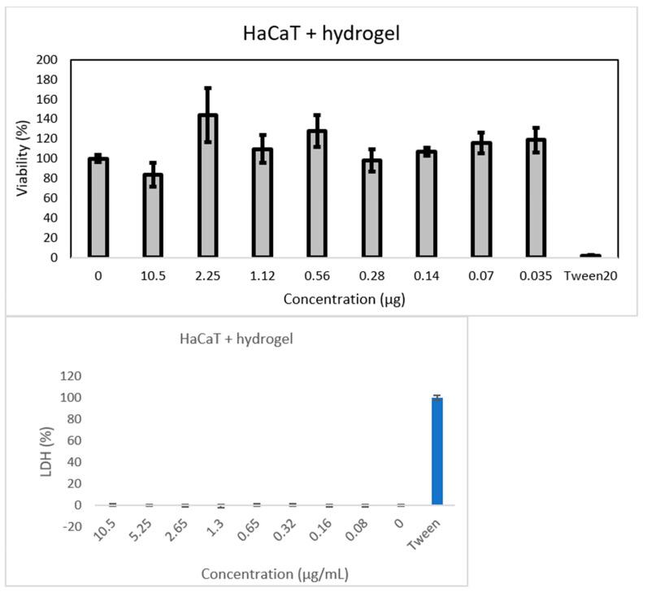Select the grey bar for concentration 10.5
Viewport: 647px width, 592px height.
pyautogui.click(x=152, y=215)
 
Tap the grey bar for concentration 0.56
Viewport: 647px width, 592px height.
pyautogui.click(x=316, y=195)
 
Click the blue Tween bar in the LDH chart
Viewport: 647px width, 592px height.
pyautogui.click(x=437, y=452)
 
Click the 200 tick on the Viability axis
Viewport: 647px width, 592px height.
pyautogui.click(x=47, y=60)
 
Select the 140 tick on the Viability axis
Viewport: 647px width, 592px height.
pyautogui.click(x=47, y=119)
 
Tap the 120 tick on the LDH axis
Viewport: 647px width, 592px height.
pyautogui.click(x=71, y=376)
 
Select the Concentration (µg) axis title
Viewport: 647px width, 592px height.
pyautogui.click(x=345, y=299)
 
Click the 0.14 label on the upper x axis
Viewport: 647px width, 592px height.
pyautogui.click(x=425, y=275)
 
